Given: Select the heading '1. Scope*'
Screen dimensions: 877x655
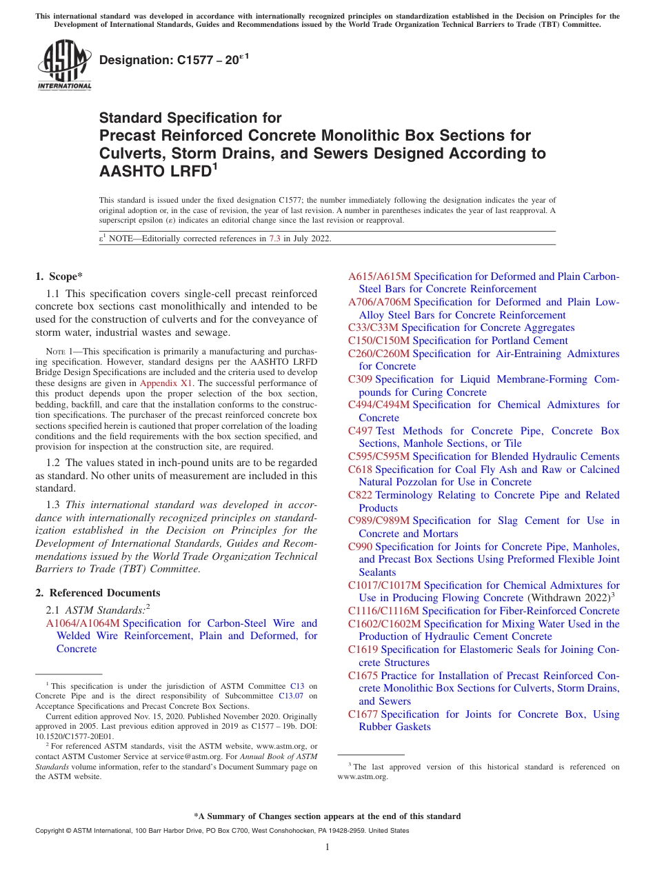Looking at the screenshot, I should coord(59,276).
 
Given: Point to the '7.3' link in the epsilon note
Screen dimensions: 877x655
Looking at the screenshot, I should coord(274,239).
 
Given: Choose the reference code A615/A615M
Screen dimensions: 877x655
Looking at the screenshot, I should coord(379,276).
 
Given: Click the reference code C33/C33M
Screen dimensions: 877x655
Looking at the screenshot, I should coord(373,327).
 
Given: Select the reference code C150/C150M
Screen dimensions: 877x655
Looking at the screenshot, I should coord(379,341).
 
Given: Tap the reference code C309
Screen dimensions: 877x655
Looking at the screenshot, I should coord(360,379).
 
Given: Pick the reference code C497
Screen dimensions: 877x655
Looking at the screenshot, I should coord(360,431).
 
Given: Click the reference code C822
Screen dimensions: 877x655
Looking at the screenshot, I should coord(360,495).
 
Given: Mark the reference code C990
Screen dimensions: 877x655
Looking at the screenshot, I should coord(360,547).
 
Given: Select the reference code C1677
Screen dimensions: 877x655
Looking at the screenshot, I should coord(363,714).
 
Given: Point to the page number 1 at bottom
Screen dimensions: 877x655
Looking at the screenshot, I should coord(327,847).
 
